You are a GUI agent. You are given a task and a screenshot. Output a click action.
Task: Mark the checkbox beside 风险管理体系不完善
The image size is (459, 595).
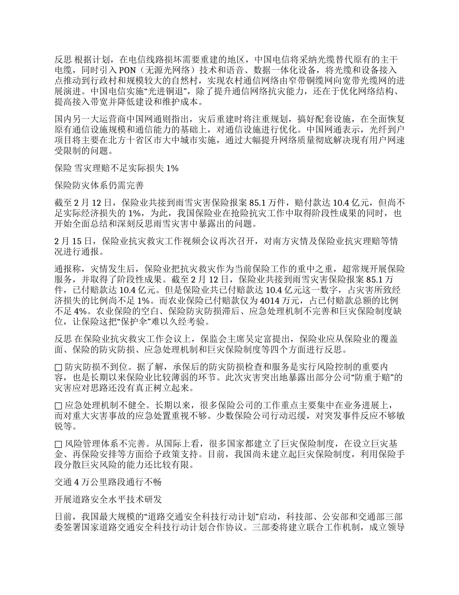pyautogui.click(x=58, y=444)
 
